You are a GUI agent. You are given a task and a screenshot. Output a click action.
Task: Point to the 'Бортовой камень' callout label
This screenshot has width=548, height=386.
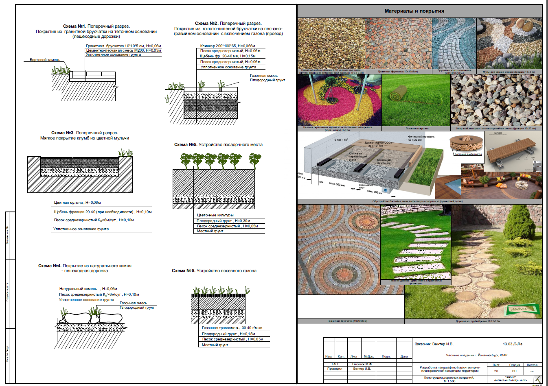(x=45, y=60)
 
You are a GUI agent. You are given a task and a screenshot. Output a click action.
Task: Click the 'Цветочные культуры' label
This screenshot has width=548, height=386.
(x=215, y=215)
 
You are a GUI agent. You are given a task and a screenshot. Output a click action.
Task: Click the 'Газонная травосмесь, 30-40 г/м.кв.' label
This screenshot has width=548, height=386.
(x=232, y=328)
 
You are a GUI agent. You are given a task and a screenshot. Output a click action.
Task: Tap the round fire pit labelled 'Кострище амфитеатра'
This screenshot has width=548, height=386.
(x=467, y=144)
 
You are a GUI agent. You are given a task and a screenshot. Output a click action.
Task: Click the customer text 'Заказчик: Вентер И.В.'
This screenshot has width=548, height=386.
(x=434, y=344)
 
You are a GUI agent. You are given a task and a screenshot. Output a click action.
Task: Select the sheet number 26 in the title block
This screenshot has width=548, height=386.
(x=496, y=371)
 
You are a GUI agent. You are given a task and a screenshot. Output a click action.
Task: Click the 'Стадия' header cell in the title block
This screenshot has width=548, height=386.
(x=514, y=365)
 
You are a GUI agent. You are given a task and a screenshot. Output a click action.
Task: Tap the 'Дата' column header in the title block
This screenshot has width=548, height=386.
(x=404, y=356)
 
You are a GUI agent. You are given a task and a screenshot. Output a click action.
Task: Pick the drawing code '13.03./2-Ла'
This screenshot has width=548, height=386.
(x=512, y=344)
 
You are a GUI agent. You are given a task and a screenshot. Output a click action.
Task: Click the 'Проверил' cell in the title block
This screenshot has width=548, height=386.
(x=335, y=369)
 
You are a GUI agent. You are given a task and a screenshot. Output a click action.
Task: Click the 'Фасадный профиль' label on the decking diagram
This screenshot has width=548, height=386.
(x=418, y=137)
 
